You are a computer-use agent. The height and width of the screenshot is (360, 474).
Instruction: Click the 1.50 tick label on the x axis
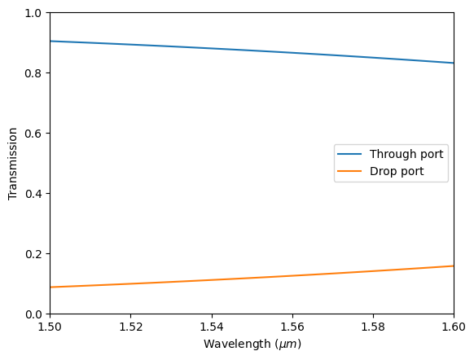50,327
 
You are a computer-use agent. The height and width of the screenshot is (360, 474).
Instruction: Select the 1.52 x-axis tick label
130,327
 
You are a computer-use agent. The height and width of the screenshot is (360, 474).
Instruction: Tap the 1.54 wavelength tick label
211,327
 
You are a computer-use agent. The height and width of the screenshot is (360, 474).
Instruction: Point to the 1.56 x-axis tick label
292,327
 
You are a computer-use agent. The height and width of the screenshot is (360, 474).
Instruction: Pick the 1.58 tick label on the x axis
373,327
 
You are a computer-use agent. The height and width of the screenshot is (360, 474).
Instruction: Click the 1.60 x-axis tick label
454,327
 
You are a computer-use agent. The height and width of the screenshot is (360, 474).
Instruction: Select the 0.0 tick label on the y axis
33,314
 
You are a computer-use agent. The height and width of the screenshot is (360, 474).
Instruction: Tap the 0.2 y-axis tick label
33,253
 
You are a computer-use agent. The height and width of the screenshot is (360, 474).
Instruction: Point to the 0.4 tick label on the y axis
33,193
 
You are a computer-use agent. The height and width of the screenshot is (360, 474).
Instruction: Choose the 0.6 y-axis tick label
33,134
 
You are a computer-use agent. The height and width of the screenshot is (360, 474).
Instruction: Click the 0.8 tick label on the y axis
33,73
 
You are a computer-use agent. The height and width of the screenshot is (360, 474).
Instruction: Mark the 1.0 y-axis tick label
33,13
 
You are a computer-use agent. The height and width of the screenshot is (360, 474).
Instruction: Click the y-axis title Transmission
12,164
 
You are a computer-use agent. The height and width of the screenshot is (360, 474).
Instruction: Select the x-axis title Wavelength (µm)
252,345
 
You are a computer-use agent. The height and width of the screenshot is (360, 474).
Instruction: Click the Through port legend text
406,154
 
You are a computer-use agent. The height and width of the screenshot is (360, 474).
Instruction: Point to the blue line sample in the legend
351,154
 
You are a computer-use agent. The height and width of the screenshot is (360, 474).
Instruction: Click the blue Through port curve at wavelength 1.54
211,49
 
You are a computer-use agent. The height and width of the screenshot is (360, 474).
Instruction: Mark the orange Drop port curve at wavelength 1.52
130,283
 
